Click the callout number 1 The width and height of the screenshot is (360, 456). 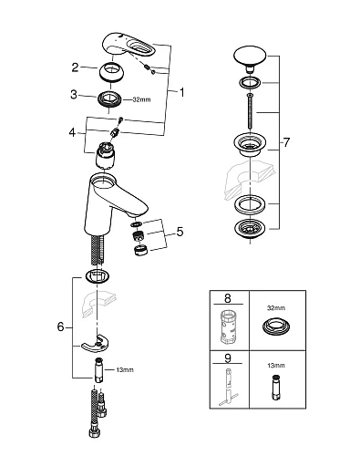tap(181, 91)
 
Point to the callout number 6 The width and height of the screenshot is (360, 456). tap(60, 326)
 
